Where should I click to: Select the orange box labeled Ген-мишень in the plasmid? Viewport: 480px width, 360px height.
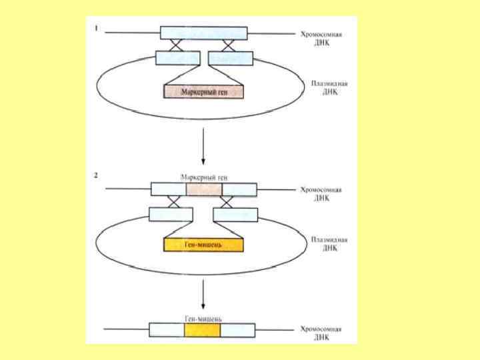click(203, 245)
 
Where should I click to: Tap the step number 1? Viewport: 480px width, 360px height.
click(97, 29)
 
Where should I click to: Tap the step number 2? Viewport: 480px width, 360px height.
click(97, 176)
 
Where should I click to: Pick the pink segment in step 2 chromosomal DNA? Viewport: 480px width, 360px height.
click(203, 189)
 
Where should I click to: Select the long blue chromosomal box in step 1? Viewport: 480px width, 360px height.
click(203, 33)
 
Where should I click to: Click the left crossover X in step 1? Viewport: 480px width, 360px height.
click(177, 45)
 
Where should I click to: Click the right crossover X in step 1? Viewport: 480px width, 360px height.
click(228, 45)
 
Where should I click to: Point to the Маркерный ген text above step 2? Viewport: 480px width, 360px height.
click(203, 177)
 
